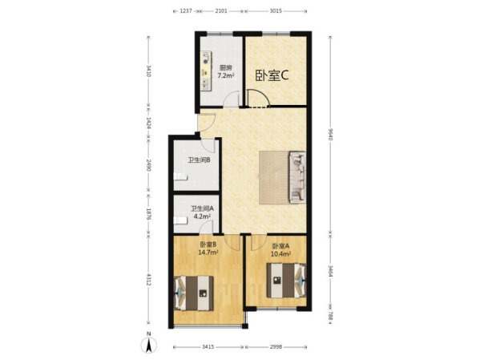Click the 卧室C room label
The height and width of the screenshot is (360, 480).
tap(272, 76)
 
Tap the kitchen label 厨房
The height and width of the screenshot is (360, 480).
tap(226, 67)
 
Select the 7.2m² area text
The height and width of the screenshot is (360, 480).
tap(226, 75)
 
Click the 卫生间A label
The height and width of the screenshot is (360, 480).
tap(203, 208)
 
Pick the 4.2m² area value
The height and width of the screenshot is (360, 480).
tap(202, 216)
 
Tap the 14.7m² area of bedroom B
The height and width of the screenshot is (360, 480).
tap(208, 252)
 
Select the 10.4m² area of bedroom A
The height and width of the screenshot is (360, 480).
tap(280, 253)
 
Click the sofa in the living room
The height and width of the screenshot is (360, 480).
tap(297, 177)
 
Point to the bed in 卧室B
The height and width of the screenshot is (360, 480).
tap(194, 293)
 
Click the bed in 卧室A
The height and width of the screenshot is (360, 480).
tap(286, 281)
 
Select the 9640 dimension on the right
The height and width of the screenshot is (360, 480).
tap(330, 135)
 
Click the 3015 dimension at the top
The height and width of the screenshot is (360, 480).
tap(276, 11)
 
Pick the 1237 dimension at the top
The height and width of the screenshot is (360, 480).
tap(186, 11)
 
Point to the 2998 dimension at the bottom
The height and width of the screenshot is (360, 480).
tap(276, 347)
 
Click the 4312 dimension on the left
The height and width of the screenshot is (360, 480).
tap(149, 280)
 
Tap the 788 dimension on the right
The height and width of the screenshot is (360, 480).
tap(330, 316)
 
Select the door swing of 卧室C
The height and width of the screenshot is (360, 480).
tap(258, 98)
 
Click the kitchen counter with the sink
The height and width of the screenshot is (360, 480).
tap(206, 71)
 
